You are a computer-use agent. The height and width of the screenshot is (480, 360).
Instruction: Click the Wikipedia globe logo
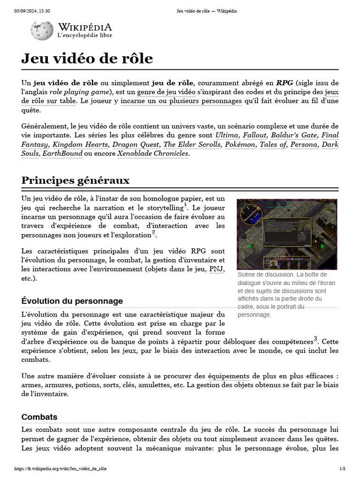(42, 30)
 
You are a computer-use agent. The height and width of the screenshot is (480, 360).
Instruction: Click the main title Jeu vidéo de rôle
(87, 58)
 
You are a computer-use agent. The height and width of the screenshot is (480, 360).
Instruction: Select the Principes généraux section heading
(75, 180)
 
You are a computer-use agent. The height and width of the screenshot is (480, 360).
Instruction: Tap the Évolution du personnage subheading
(72, 301)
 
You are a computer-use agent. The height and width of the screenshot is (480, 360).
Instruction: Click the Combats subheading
(39, 417)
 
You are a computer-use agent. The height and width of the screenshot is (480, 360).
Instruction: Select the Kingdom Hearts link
(80, 144)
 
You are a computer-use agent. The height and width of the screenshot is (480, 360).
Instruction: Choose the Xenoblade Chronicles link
(153, 153)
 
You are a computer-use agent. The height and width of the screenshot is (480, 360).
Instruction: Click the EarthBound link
(62, 153)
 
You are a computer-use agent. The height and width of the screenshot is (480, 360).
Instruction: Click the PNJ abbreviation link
(216, 269)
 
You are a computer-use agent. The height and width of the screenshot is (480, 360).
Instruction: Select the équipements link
(228, 376)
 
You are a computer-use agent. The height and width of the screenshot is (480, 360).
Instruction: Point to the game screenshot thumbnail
(287, 234)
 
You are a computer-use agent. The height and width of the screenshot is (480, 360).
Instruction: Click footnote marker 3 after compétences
(315, 338)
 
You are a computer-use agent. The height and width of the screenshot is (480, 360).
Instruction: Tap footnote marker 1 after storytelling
(186, 205)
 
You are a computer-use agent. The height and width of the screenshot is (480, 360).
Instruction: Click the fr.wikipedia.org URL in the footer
(60, 469)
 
